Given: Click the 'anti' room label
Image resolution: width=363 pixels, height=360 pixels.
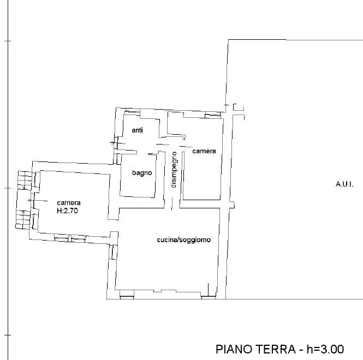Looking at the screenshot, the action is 137,130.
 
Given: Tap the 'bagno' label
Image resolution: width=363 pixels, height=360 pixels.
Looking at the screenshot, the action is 142,173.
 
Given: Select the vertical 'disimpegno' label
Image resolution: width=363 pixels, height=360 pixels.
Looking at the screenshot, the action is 174,170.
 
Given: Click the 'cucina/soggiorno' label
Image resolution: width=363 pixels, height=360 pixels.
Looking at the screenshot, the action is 184,239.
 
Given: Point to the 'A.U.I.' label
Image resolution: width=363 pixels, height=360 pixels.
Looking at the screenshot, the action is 344,184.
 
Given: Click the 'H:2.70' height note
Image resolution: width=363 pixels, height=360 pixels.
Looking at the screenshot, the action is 67,211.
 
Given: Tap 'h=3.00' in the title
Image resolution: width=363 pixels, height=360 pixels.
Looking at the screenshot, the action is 325,349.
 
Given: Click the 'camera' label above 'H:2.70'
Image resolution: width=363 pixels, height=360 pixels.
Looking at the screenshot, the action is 69,203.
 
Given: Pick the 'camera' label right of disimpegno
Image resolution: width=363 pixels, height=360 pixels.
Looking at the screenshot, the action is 204,151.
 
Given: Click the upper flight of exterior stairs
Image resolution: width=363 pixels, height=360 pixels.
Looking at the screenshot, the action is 25,181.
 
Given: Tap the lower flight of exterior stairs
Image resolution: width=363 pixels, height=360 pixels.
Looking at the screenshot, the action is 23,219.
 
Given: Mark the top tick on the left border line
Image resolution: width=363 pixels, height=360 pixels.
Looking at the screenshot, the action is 8,41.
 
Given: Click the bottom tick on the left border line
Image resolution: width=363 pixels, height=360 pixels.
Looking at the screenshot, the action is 8,335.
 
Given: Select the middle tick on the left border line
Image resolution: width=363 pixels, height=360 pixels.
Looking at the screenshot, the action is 8,188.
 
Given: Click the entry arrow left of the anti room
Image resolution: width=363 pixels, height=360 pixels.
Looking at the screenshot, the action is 112,143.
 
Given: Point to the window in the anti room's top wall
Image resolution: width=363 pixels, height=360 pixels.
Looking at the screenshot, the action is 133,113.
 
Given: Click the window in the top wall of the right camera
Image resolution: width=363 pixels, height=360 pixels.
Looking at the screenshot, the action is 213,116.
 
